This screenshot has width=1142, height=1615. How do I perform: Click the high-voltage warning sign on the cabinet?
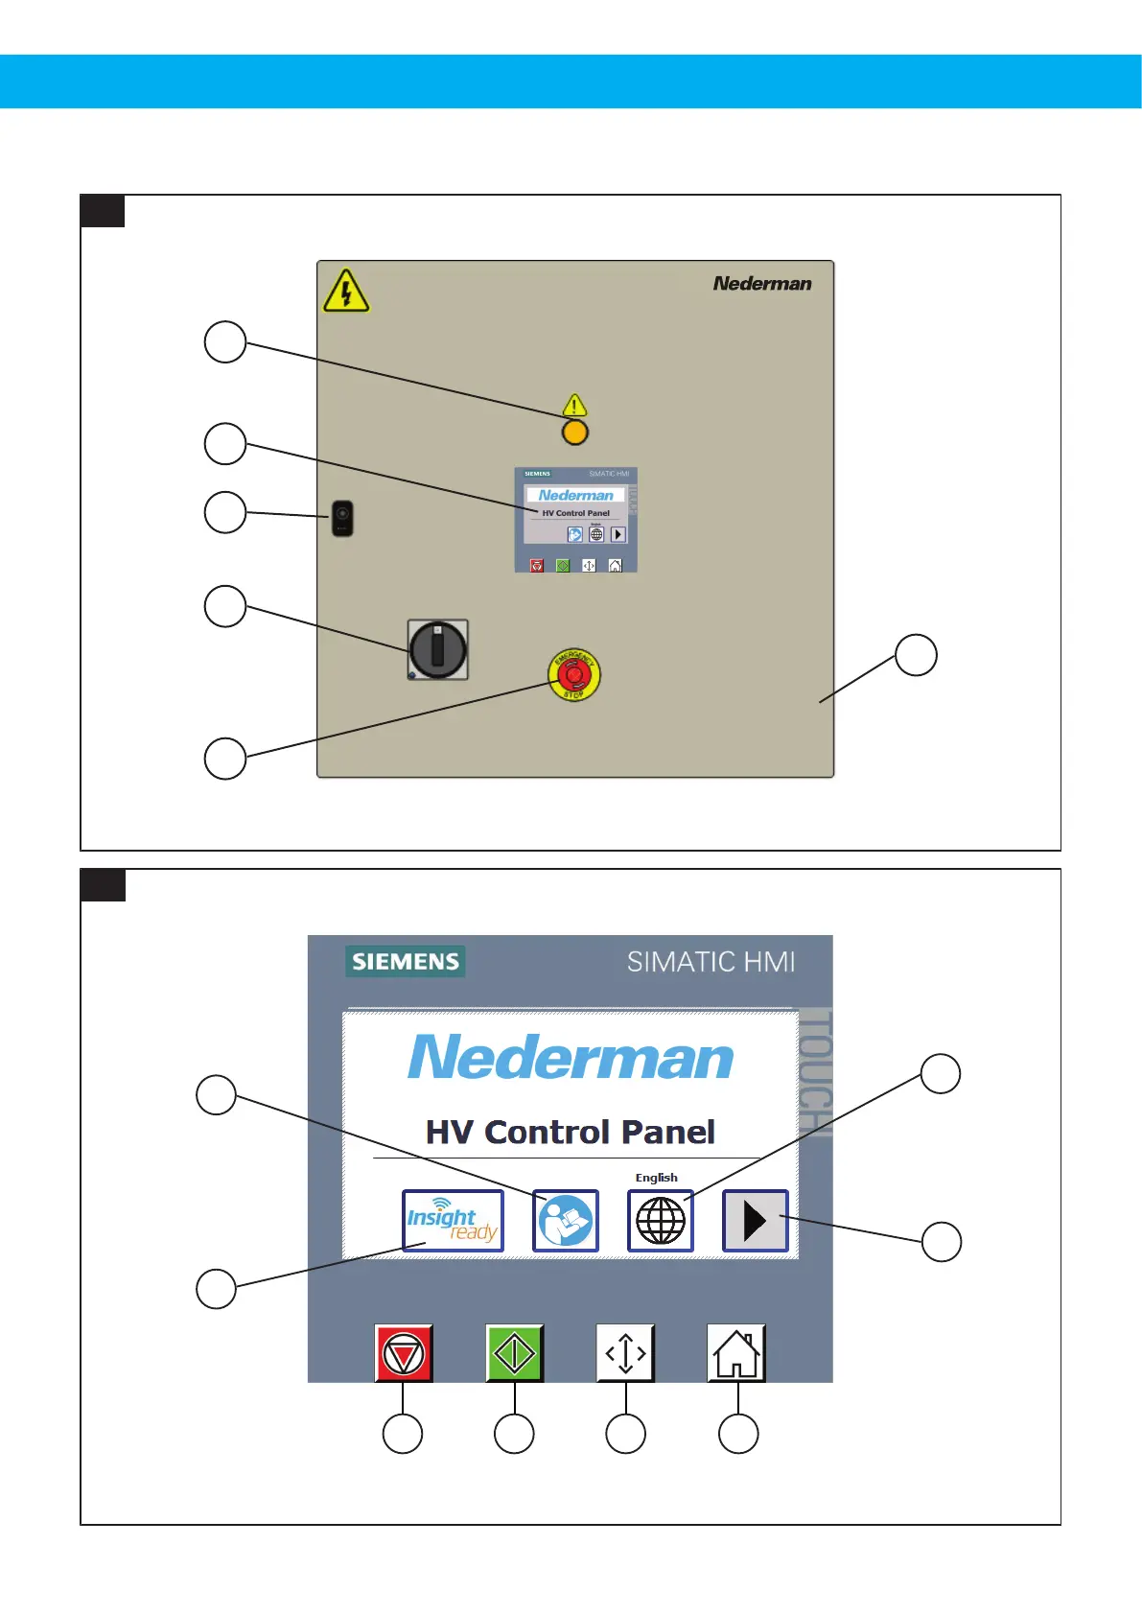346,291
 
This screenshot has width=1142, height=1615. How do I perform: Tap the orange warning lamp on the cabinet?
574,433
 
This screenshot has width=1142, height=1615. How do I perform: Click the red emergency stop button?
573,674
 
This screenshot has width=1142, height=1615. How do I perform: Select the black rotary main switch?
438,649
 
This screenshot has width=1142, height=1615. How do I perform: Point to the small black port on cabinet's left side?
342,518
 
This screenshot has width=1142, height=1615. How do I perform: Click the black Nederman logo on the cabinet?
762,284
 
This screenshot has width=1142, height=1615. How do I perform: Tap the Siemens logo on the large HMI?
406,961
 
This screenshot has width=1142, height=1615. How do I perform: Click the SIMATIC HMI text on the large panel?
711,961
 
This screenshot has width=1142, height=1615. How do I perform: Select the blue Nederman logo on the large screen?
571,1057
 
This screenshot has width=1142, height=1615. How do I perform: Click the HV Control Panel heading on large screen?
571,1132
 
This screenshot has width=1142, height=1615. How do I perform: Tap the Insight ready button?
453,1221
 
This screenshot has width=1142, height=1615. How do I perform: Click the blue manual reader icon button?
566,1221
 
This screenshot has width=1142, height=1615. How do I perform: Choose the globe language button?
661,1221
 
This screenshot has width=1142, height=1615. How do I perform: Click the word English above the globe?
656,1178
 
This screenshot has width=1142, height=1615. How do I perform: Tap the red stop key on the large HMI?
404,1353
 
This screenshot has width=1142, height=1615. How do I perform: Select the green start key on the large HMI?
515,1353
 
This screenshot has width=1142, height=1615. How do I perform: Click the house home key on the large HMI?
736,1353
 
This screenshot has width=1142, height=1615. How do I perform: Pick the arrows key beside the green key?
625,1353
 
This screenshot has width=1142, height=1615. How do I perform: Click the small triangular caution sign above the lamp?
574,405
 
